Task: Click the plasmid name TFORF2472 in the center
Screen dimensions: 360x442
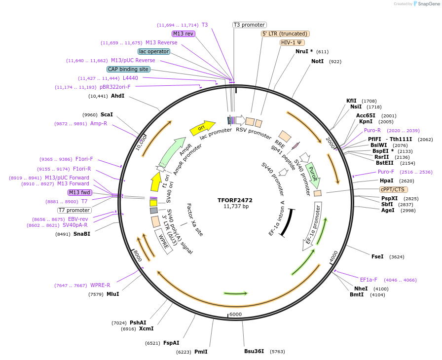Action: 235,200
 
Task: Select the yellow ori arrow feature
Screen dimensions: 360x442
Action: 202,128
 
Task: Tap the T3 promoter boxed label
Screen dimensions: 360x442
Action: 249,25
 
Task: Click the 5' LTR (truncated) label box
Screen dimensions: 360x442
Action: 285,34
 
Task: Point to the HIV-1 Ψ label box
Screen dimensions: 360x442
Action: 292,42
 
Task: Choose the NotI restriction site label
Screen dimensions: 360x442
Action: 318,62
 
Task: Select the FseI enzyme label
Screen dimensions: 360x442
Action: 377,257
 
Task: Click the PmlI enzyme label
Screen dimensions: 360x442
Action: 201,352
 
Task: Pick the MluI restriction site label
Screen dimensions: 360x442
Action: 112,294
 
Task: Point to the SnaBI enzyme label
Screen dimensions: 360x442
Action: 82,234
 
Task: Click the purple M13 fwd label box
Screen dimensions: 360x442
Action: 80,192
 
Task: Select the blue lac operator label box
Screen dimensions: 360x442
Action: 154,51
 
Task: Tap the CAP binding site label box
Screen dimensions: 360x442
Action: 128,70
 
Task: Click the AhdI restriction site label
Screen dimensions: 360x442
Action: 117,96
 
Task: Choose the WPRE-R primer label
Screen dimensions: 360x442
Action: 100,285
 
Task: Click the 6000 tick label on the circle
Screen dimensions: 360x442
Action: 235,314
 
